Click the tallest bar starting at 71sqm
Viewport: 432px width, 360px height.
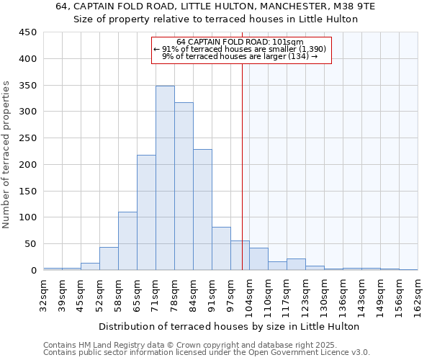(165, 178)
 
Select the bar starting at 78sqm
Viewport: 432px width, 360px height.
(184, 186)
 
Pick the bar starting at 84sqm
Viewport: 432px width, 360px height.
(202, 210)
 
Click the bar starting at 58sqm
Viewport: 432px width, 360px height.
(127, 240)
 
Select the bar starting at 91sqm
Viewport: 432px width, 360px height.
(221, 248)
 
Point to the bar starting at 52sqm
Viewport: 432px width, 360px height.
(109, 258)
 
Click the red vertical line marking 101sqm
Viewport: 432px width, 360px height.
(242, 166)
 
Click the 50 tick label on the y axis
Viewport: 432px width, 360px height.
(31, 244)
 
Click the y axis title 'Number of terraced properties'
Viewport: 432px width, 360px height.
(6, 155)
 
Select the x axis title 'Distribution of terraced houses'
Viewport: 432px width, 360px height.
(228, 326)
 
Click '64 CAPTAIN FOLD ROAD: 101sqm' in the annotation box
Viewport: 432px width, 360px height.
(240, 42)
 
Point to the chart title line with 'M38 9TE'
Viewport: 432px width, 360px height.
(215, 6)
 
